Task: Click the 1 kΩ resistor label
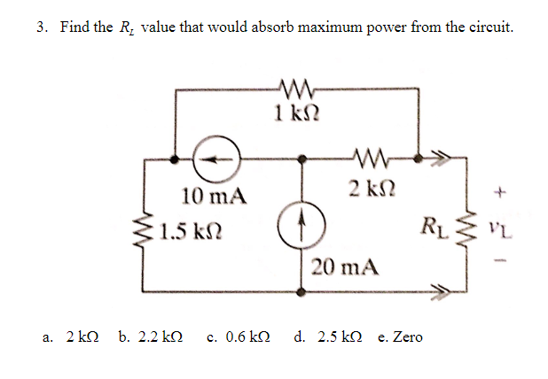[292, 112]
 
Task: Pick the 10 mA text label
[213, 195]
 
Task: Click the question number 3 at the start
[42, 27]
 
